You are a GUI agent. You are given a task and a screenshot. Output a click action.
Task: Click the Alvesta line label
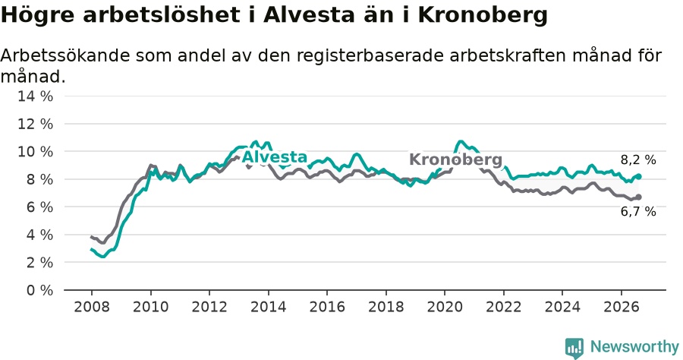(275, 157)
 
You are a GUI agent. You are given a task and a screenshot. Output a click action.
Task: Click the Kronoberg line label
(455, 159)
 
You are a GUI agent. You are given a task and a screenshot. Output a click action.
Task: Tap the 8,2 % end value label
(638, 160)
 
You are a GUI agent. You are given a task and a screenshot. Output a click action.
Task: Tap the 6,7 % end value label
(638, 212)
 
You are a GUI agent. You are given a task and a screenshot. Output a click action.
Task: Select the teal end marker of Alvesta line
(639, 176)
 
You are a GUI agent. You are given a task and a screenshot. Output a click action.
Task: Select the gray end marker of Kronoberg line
(639, 197)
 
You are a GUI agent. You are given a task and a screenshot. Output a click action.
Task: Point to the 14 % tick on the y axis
(35, 96)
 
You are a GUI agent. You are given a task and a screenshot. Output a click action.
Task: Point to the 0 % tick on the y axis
(39, 290)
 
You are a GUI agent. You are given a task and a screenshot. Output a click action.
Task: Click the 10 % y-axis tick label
(35, 152)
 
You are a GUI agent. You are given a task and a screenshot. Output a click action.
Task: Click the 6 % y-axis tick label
(39, 207)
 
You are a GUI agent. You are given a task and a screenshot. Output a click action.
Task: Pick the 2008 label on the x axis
(92, 307)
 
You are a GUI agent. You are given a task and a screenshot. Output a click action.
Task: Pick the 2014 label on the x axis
(269, 307)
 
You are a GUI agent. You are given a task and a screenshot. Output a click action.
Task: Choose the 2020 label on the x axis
(445, 307)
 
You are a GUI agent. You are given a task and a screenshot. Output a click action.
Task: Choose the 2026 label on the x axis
(621, 307)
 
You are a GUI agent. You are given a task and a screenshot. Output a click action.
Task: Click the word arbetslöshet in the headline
(161, 15)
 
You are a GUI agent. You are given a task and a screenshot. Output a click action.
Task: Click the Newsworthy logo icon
(574, 349)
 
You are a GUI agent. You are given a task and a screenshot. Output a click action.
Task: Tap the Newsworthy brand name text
(634, 347)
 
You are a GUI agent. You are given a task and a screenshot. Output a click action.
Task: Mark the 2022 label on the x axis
(504, 307)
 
